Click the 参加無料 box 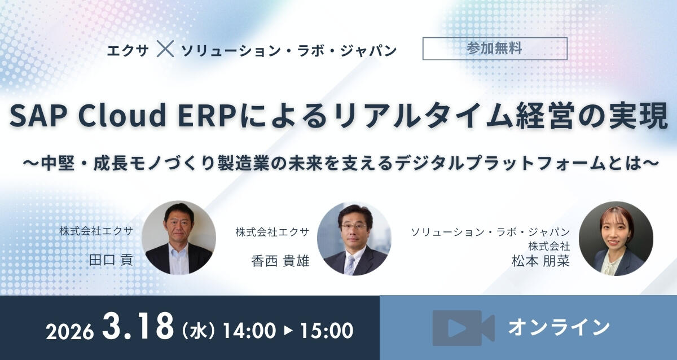[494, 49]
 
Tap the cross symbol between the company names [165, 50]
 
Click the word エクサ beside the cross [128, 50]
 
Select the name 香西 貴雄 [280, 261]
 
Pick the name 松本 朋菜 [548, 261]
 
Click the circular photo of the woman [616, 238]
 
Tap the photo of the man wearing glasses [354, 238]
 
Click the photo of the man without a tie [178, 238]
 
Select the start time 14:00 [249, 330]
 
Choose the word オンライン [559, 327]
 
